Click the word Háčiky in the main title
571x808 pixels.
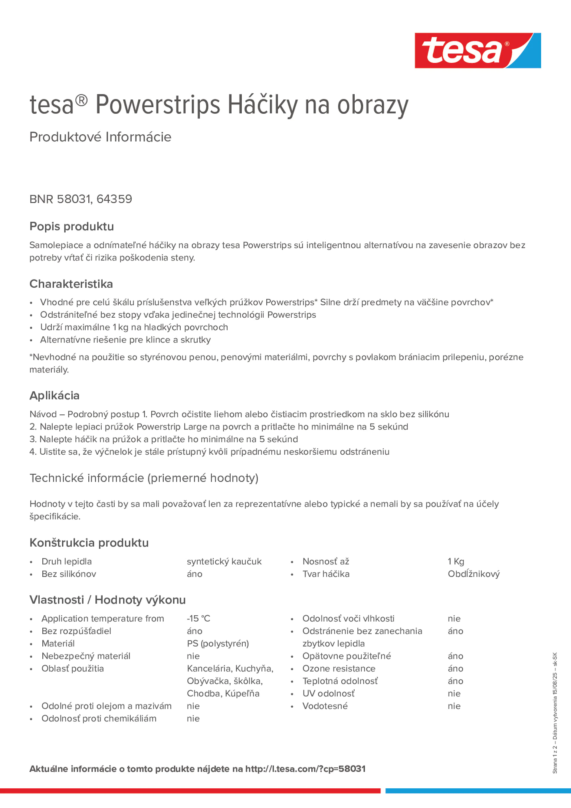(263, 105)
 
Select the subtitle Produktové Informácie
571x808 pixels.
(100, 137)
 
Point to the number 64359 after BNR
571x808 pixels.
(114, 199)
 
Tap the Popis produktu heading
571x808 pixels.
(71, 226)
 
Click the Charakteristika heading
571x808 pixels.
(71, 284)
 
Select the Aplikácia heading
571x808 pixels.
(54, 396)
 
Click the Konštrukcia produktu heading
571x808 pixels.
(89, 543)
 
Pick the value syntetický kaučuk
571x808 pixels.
(224, 561)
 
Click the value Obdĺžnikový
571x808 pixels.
(473, 574)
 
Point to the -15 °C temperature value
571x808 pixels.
(198, 618)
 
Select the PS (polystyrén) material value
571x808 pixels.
(218, 643)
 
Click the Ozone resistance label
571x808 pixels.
(339, 668)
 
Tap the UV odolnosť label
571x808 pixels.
(328, 693)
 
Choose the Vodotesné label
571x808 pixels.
(325, 706)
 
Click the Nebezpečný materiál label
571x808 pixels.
(86, 656)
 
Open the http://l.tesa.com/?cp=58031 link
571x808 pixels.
(305, 769)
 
